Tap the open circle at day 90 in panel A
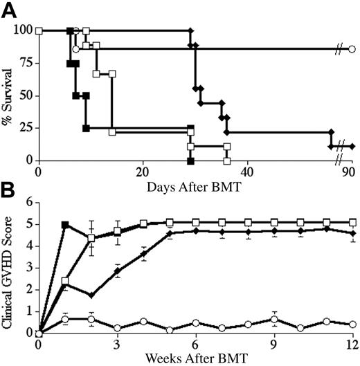point(352,50)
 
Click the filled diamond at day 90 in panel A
point(352,147)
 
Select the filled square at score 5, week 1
point(66,225)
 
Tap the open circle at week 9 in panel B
point(274,320)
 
